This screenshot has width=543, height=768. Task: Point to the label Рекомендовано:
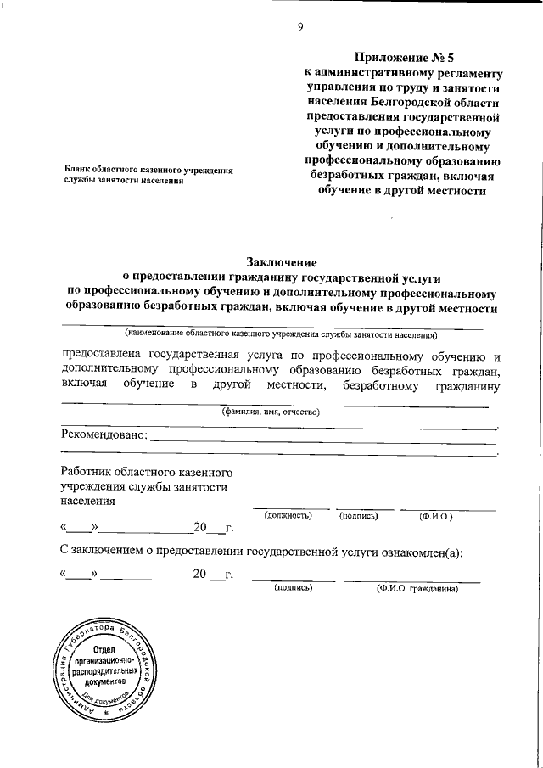(104, 436)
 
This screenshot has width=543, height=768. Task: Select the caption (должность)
(288, 515)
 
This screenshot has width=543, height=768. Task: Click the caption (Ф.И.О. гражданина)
(417, 587)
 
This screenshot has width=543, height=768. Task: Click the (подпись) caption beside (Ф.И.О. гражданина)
(293, 587)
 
